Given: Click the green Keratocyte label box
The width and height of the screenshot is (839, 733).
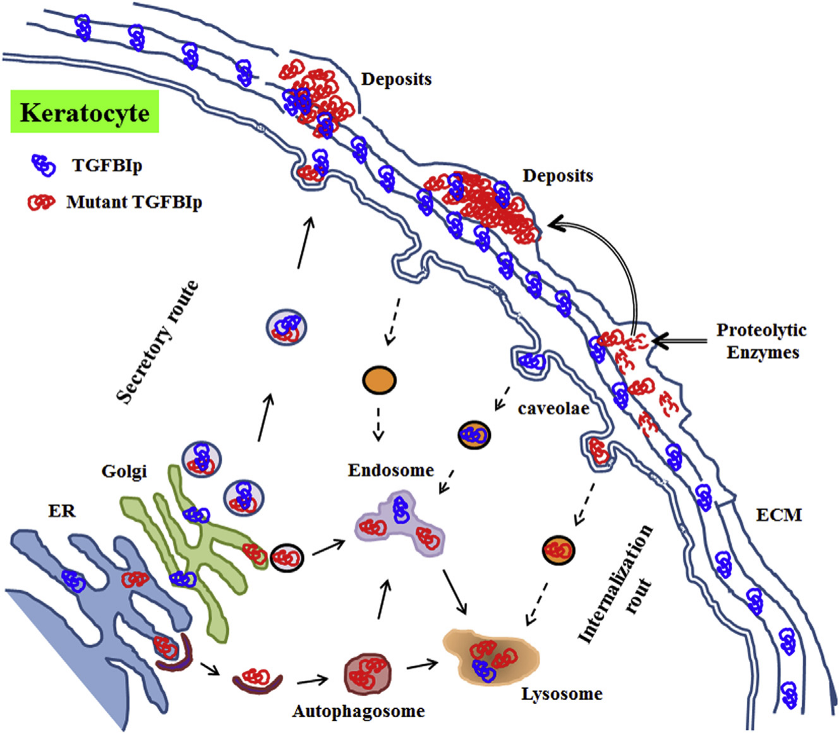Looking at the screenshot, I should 85,112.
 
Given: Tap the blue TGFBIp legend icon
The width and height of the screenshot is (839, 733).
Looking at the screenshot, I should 43,165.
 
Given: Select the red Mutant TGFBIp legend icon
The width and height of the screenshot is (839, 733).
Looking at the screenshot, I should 42,202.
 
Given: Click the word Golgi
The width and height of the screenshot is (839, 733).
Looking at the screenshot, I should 124,470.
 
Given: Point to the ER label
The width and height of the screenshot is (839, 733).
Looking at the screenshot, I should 62,510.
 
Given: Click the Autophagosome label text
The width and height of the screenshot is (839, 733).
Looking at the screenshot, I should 358,711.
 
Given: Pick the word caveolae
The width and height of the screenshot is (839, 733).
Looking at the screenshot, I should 553,408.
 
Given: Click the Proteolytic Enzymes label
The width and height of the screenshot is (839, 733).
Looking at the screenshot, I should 762,341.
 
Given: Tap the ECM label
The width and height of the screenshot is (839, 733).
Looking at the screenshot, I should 778,515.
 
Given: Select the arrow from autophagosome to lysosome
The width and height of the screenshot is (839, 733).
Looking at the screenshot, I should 423,665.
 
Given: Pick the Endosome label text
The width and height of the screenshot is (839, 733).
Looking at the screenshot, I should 390,470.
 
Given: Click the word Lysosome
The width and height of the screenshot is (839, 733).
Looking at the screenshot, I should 562,694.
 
